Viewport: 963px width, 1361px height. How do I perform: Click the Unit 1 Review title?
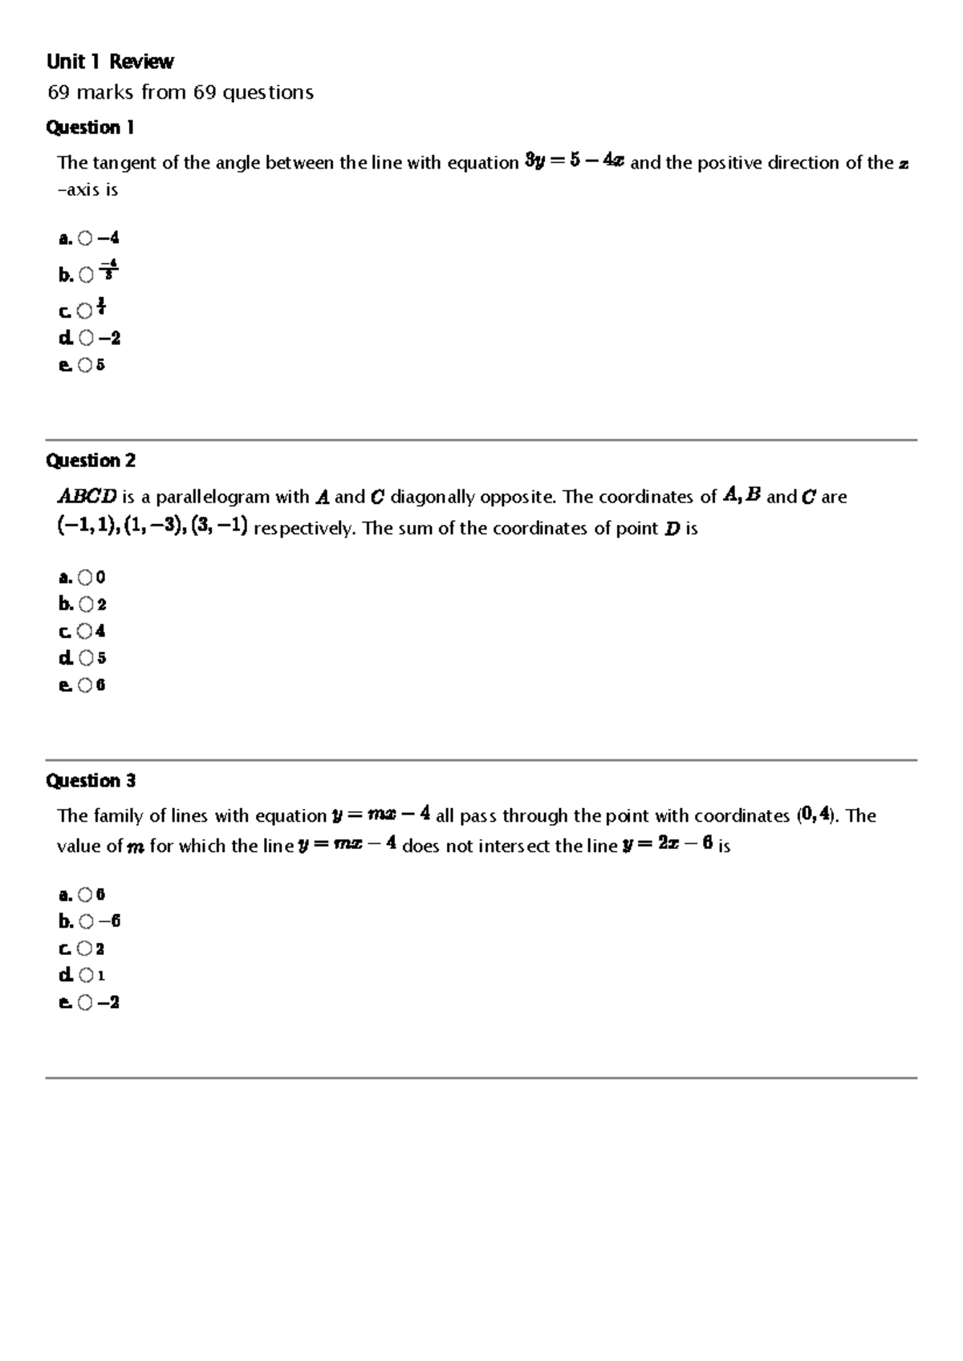(110, 62)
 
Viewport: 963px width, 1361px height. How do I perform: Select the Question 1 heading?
(90, 128)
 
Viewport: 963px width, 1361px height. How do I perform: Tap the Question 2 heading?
(91, 461)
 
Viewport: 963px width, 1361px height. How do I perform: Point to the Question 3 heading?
(91, 781)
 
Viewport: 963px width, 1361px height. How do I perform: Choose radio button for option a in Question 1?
(86, 238)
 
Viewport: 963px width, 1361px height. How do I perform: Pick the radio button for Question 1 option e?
(86, 366)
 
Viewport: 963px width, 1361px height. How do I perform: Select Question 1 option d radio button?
(86, 339)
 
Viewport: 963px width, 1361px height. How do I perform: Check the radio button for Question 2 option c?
(86, 632)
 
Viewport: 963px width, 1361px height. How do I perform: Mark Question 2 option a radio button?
(86, 578)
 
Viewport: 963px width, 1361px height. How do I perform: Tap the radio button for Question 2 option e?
(86, 686)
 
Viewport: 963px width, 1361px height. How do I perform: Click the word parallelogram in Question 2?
(213, 498)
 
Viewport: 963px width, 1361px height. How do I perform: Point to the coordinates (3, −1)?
(218, 528)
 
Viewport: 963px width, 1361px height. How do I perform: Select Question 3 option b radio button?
(86, 922)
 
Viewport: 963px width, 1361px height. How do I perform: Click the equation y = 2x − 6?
(668, 846)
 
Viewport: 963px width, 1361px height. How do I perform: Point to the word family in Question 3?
(120, 816)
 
